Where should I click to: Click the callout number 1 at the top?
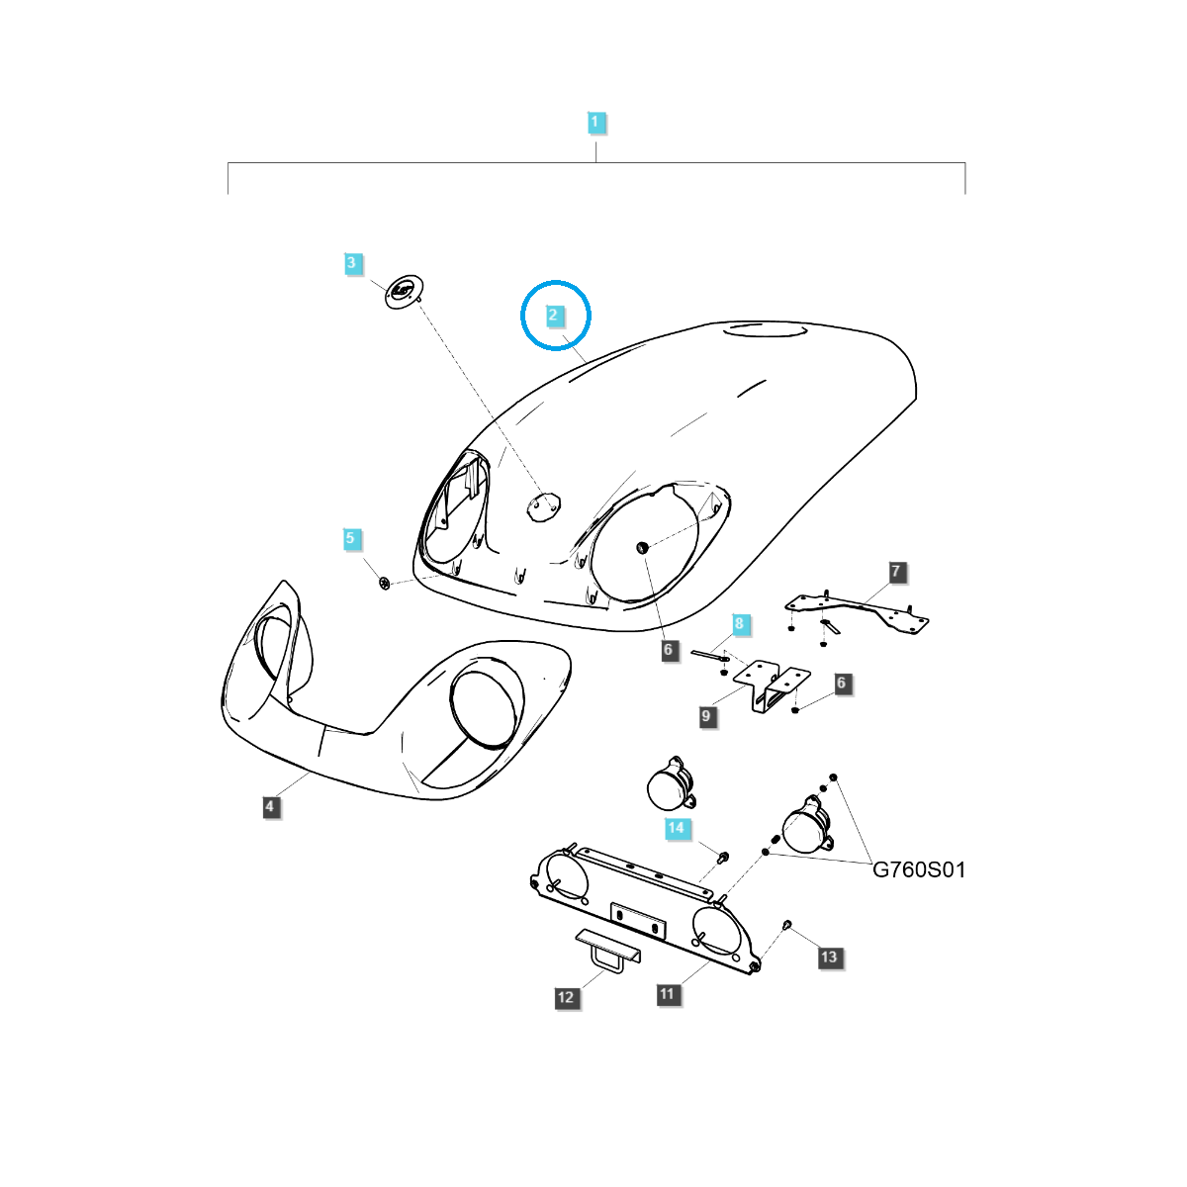click(594, 122)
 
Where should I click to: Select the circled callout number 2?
click(553, 316)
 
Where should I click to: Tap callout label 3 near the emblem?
click(351, 263)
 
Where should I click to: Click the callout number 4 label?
click(269, 806)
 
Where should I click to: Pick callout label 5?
click(350, 538)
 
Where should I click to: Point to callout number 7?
click(895, 572)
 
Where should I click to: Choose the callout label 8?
click(739, 623)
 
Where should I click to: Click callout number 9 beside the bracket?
click(706, 716)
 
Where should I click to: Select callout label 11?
click(667, 993)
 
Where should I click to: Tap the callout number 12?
click(566, 997)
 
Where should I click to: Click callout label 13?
click(829, 957)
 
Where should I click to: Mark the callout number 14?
click(676, 827)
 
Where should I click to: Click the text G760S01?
click(919, 870)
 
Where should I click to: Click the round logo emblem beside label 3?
click(405, 291)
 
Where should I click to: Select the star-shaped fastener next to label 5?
click(385, 583)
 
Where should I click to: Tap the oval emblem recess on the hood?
click(543, 506)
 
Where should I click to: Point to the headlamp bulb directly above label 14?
click(672, 782)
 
